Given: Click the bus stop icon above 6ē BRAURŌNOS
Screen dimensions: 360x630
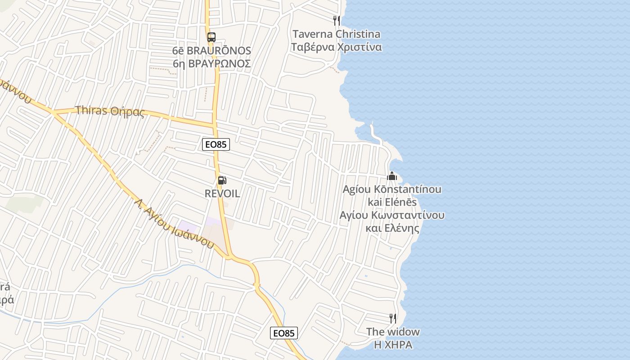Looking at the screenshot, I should pos(211,37).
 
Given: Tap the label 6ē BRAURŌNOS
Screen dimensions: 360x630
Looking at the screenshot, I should pos(211,50).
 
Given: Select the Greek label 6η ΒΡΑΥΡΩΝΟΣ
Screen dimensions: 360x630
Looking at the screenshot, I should pos(211,63).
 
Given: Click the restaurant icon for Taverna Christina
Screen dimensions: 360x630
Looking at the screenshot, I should pos(336,20).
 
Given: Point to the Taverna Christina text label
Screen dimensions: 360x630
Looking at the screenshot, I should pos(336,34).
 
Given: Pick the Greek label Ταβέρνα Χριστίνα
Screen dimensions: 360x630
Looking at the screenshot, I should pos(336,47).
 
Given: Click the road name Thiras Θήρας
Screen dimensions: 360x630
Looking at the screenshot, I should pos(110,111).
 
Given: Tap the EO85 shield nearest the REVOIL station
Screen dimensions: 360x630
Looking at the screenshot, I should pos(216,144).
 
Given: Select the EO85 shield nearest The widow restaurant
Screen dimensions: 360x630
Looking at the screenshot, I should pos(284,333).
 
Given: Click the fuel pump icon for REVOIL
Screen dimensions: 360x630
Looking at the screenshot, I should pos(221,181).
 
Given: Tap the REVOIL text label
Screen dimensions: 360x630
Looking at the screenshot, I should pos(222,194).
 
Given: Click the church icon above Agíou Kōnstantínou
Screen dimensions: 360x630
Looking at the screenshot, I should pos(392,176).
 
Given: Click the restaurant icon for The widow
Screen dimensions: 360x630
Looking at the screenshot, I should pos(393,319).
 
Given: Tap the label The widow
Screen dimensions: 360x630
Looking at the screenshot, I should pos(393,332).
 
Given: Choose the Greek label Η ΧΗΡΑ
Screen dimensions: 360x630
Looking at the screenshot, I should pos(393,345).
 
